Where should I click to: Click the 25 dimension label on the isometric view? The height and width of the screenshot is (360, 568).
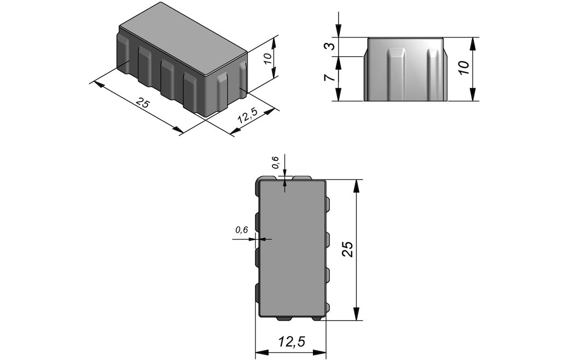coord(143,103)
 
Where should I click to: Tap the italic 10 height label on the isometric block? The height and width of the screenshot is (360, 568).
coord(268,58)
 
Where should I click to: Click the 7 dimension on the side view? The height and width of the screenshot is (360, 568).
coord(329,79)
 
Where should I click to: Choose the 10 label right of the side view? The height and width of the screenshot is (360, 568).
coord(463,68)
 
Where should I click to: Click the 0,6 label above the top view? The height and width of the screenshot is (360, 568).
coord(276,163)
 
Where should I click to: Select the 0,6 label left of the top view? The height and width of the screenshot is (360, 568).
coord(241,230)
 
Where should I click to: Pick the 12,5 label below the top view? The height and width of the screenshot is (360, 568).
coord(292,341)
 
